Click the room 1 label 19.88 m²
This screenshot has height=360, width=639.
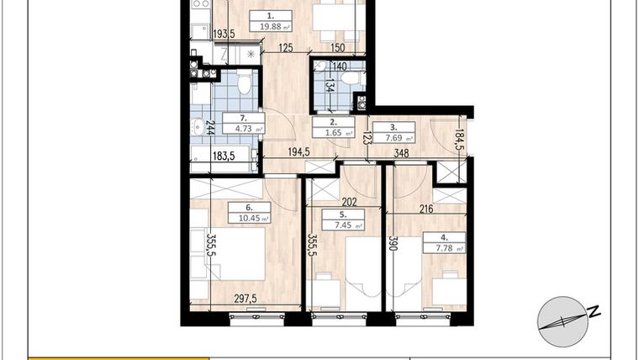(x=270, y=20)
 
